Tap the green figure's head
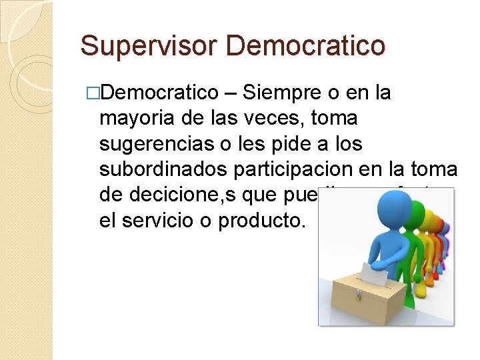(x=419, y=210)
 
